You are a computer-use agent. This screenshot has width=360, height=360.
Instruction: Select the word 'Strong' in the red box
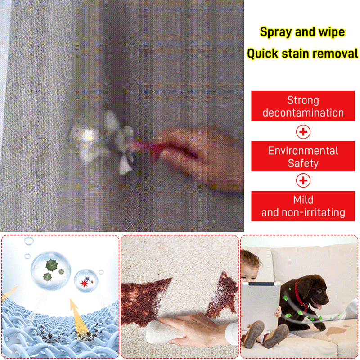pos(303,100)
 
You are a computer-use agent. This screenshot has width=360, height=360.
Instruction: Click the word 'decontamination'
pos(303,113)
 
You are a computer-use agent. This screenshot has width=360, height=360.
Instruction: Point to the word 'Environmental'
pos(303,151)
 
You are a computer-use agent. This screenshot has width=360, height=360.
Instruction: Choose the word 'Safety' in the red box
pos(303,163)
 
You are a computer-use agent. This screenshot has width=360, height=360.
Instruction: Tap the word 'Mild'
pos(303,200)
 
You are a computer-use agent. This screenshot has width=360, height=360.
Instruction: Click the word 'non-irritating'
pos(313,212)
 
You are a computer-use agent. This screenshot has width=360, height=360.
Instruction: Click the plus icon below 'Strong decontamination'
pos(303,132)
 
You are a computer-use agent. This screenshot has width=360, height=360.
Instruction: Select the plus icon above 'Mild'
pos(303,180)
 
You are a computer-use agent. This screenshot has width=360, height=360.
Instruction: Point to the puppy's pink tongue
pos(319,307)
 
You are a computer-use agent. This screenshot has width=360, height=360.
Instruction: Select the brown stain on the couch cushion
pos(336,331)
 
